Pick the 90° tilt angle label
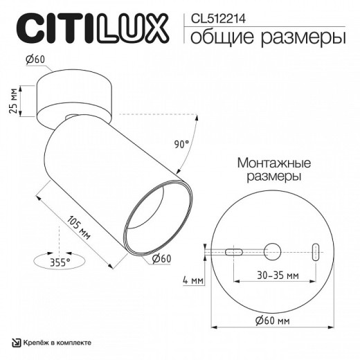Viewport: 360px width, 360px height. click(x=181, y=145)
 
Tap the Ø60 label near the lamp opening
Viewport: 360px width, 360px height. click(x=161, y=258)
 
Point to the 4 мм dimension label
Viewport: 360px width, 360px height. click(x=194, y=280)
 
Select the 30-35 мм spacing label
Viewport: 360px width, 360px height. click(x=273, y=275)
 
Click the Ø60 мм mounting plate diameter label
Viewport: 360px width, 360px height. click(x=272, y=320)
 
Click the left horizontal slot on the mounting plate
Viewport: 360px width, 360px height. click(x=233, y=253)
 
